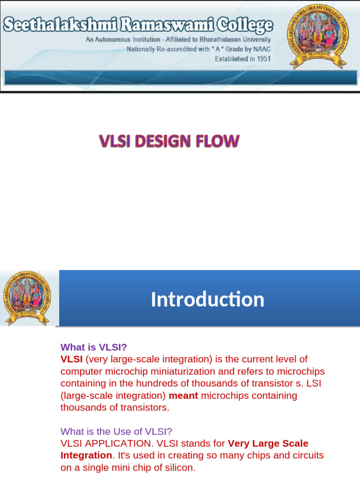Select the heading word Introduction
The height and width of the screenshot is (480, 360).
207,300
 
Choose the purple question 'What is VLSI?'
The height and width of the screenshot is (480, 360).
94,347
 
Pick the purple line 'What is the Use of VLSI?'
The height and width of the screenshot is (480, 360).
117,431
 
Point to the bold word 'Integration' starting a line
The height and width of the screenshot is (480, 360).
86,455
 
